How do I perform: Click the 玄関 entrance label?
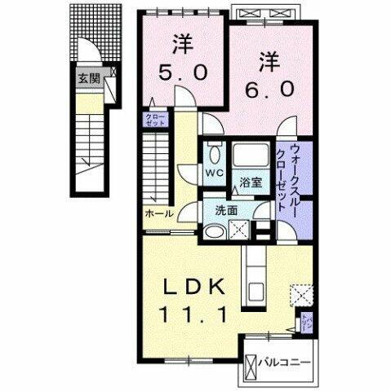[x=88, y=79]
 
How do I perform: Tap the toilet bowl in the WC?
[x=214, y=154]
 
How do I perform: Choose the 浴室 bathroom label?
[x=251, y=182]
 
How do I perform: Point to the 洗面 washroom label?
[x=228, y=209]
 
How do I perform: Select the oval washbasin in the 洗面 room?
[x=214, y=233]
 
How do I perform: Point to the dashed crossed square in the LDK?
[x=304, y=293]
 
